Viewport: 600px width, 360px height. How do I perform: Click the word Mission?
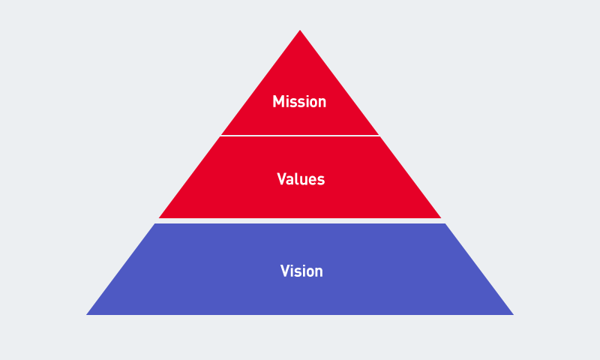pos(299,101)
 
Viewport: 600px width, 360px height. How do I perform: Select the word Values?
pos(301,179)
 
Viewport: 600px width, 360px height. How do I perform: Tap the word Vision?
pos(301,271)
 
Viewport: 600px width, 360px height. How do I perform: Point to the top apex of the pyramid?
pos(300,30)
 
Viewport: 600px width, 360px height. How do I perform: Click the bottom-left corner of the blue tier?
pos(86,315)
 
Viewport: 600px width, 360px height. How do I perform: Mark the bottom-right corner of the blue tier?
pos(514,315)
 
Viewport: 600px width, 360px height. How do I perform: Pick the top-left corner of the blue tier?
pos(155,223)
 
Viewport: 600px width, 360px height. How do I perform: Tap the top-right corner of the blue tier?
pos(445,223)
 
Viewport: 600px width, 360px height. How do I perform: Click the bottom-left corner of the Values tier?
pos(159,218)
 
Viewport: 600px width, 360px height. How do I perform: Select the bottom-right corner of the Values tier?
pos(441,218)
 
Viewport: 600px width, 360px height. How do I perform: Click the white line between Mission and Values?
pos(300,136)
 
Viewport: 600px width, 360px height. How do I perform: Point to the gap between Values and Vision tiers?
pos(300,220)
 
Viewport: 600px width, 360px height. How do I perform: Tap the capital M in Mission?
pos(277,101)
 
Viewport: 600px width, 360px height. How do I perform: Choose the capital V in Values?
pos(283,178)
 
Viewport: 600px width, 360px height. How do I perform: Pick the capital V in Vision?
pos(286,271)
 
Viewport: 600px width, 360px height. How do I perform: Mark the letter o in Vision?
pos(309,273)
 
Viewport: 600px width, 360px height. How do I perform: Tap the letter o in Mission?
pos(312,103)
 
